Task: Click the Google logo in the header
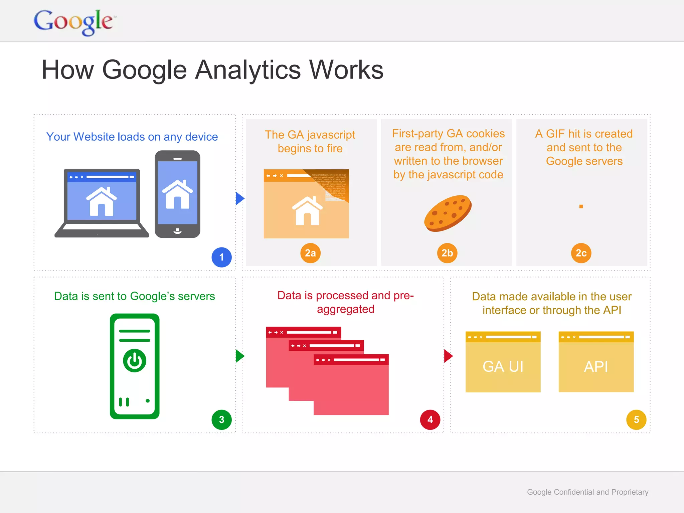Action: (x=74, y=22)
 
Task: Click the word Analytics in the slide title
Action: (x=247, y=70)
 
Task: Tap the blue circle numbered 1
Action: (x=221, y=257)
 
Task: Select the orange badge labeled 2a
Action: (x=310, y=253)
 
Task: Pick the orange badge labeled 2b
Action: (x=447, y=253)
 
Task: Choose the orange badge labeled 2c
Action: (x=581, y=253)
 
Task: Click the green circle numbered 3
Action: (x=221, y=419)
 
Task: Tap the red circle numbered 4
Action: (x=430, y=419)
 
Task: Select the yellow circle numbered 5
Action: (x=636, y=419)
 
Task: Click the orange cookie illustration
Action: (x=448, y=213)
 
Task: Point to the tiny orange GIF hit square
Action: (x=581, y=207)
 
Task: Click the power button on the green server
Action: (x=135, y=361)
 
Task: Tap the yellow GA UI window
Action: (x=503, y=362)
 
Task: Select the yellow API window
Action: (x=596, y=362)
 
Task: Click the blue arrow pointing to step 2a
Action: (x=239, y=198)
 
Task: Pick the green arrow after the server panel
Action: (x=239, y=356)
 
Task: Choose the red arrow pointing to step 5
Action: (x=448, y=356)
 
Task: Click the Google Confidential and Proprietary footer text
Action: (x=587, y=492)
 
